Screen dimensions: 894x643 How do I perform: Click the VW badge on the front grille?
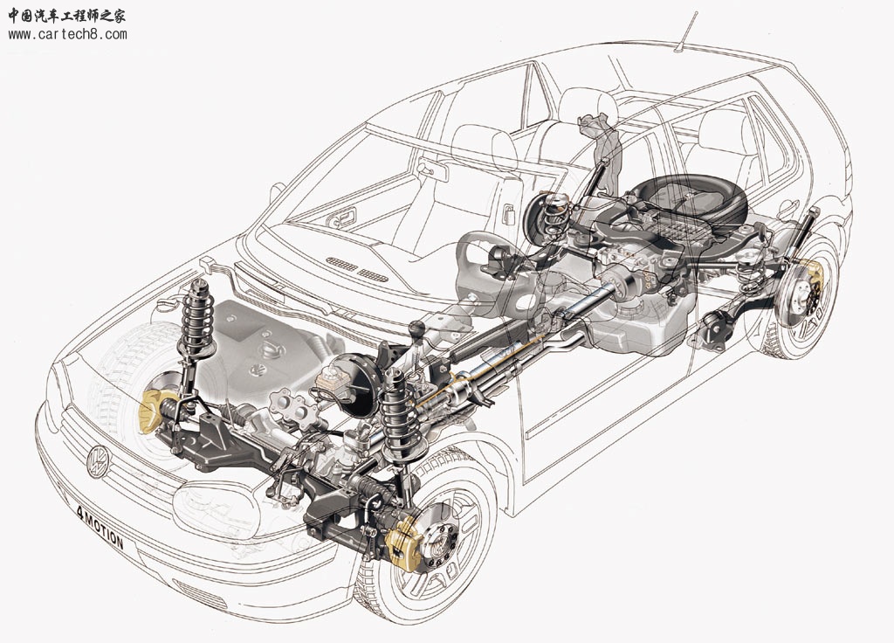tap(99, 461)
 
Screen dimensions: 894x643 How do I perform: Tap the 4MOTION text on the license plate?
tap(100, 527)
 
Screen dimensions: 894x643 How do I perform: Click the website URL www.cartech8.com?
tap(67, 34)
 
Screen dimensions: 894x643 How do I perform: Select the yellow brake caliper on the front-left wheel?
tap(405, 543)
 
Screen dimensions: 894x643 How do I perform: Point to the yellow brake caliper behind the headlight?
tap(150, 410)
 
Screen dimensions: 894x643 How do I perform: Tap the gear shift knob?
tap(418, 328)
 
